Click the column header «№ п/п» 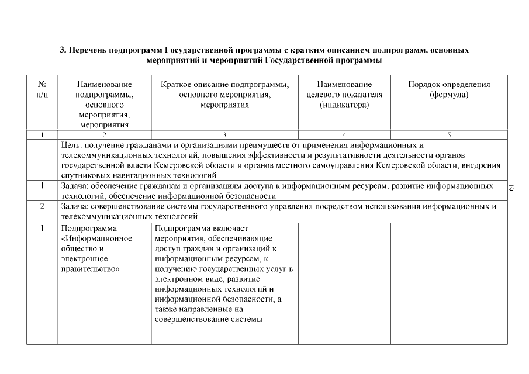(x=42, y=89)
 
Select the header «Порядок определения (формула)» (x=449, y=89)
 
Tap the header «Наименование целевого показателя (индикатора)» (x=344, y=95)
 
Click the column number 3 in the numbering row (x=224, y=135)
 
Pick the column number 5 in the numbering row (x=449, y=135)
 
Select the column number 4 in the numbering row (x=344, y=135)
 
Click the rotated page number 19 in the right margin (x=511, y=188)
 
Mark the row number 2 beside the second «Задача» (x=42, y=206)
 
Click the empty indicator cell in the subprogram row (x=344, y=280)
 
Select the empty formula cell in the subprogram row (x=449, y=280)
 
